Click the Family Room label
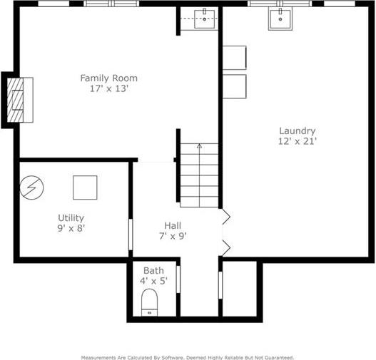tap(109, 78)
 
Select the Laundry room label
tap(298, 131)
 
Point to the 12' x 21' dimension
tap(298, 141)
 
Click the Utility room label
tap(71, 218)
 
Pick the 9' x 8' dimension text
tap(71, 228)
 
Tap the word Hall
tap(173, 226)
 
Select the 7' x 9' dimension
tap(173, 236)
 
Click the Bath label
tap(153, 271)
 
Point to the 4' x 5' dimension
tap(153, 281)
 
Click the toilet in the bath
tap(149, 302)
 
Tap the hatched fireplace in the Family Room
tap(16, 100)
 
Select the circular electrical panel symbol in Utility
tap(31, 187)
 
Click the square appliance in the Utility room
tap(85, 187)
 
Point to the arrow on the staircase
tap(199, 175)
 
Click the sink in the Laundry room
tap(280, 19)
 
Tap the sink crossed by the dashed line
tap(204, 19)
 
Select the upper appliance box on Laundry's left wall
tap(235, 58)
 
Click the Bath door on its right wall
tap(178, 279)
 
